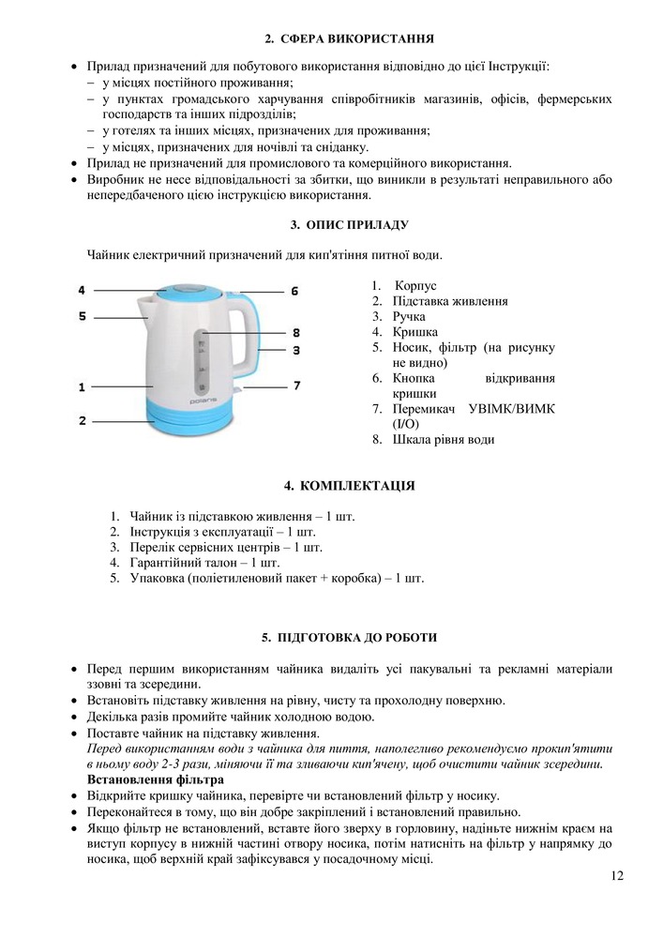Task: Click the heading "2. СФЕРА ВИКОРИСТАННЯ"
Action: tap(348, 39)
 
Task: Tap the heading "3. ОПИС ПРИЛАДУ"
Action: tap(349, 225)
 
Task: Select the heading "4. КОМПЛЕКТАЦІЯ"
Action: tap(349, 486)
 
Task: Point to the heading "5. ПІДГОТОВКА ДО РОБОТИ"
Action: tap(349, 638)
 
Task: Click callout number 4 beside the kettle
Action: tap(82, 291)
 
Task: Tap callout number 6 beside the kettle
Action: tap(294, 292)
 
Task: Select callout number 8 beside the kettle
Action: tap(295, 332)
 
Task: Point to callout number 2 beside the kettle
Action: tap(82, 421)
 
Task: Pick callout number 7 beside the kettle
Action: tap(295, 386)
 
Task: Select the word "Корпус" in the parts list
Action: tap(415, 285)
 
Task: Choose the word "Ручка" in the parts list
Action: tap(409, 316)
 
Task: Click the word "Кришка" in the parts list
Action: tap(414, 331)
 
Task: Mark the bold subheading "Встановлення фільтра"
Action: tap(155, 779)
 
